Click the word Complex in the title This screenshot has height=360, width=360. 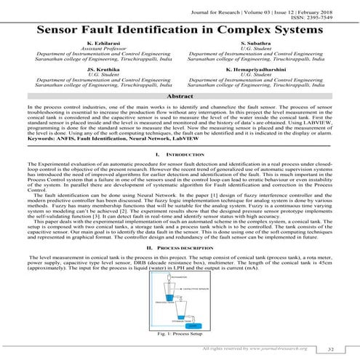tap(234, 31)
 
